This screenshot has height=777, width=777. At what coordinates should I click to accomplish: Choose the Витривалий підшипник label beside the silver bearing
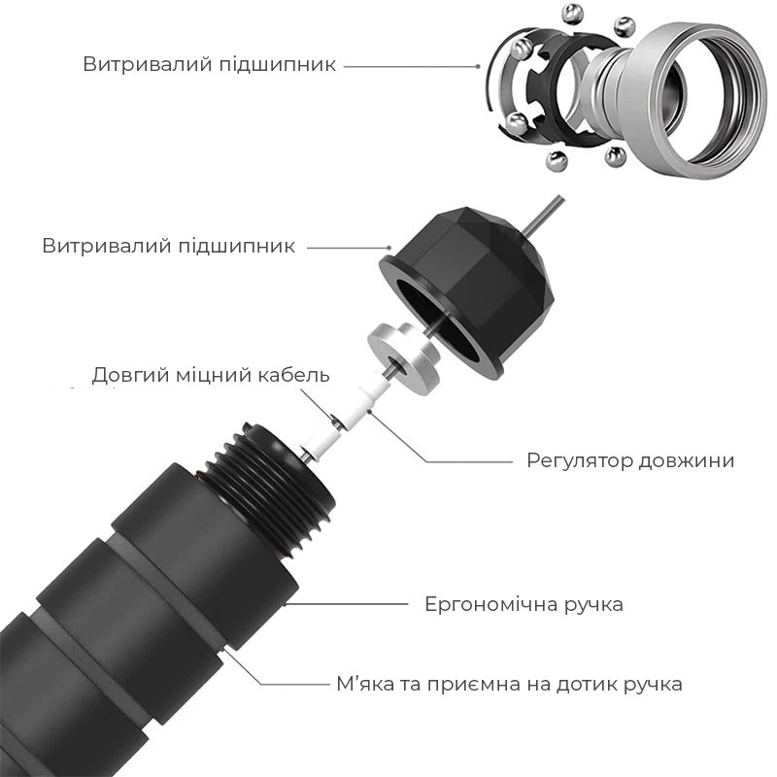[x=209, y=65]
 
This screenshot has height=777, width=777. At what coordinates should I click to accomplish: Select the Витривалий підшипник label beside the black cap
[x=168, y=246]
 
